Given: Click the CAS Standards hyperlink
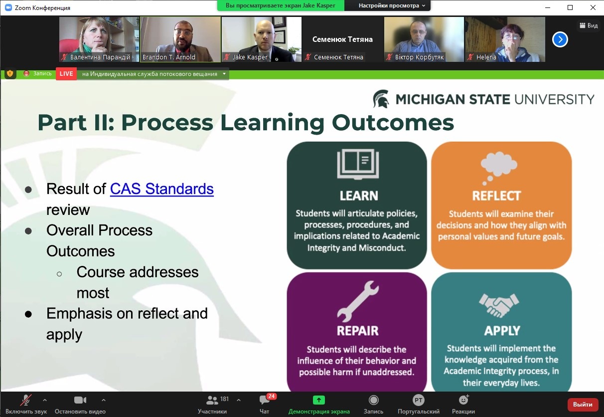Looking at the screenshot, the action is point(162,189).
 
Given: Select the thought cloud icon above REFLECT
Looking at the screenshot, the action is point(499,168).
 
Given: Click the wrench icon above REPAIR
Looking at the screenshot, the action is point(358,301).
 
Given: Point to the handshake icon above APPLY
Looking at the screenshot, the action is point(499,305).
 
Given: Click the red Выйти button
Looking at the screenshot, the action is point(583,405).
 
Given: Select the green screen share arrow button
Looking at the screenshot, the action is point(319,400).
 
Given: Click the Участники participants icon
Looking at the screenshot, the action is point(212,400).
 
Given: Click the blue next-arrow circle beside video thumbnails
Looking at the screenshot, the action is point(560,39).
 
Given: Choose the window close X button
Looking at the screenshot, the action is point(593,7).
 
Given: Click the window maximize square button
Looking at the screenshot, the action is point(570,7).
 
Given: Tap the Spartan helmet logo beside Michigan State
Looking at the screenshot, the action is point(381,99).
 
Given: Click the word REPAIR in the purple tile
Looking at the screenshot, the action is point(357,331).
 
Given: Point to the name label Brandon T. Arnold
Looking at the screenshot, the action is point(169,57).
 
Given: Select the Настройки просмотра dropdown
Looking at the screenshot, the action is point(392,5).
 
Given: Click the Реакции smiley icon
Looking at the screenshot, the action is point(464,400).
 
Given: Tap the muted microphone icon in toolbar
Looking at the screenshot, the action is point(26,400).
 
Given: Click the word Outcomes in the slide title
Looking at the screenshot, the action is point(393,123).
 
